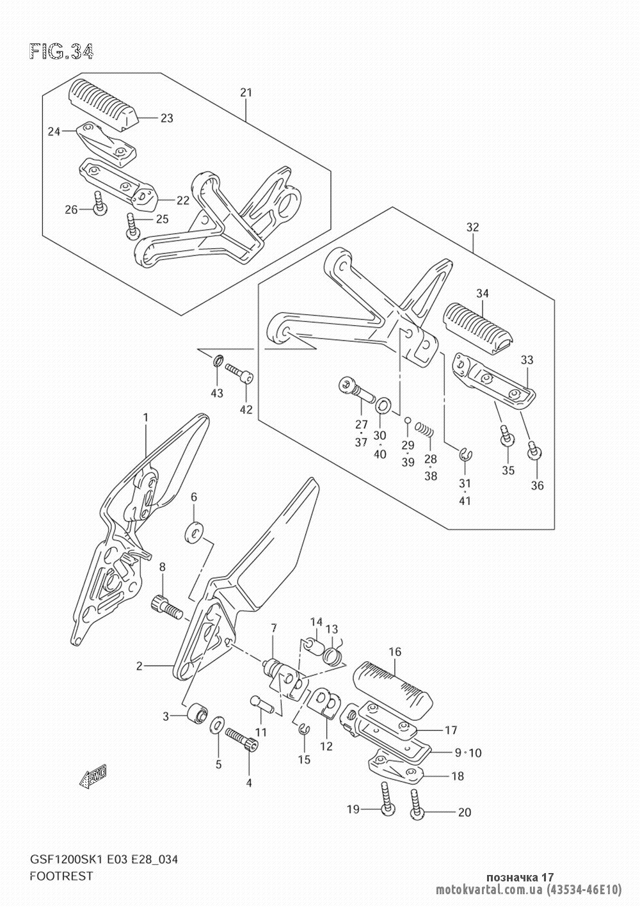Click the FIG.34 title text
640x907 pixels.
(61, 51)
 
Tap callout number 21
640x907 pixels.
(246, 93)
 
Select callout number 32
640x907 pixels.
(472, 227)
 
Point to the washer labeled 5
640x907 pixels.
(218, 725)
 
